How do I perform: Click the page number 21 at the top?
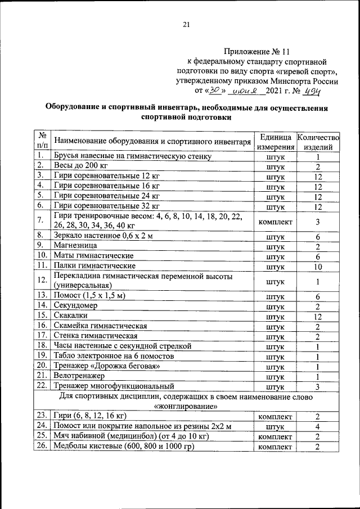coord(187,24)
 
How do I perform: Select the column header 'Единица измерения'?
coord(275,142)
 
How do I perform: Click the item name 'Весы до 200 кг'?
coord(80,166)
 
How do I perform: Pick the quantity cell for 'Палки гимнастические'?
coord(318,265)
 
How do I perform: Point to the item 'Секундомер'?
coord(76,305)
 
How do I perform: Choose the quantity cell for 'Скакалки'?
coord(318,316)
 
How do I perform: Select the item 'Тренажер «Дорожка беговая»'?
coord(103,366)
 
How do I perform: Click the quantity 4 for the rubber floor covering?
coord(318,426)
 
